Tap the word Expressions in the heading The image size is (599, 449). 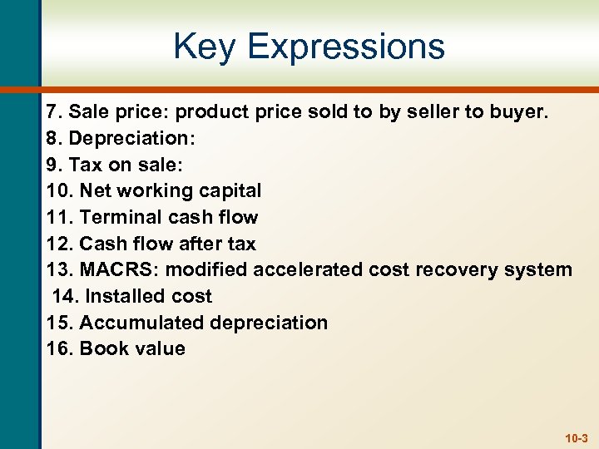346,48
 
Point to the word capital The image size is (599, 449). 227,191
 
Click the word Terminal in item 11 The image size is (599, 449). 117,217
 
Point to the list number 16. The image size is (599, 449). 59,348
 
